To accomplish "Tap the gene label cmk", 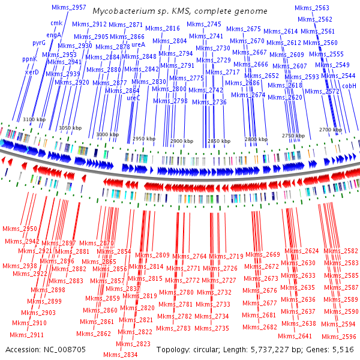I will click(x=56, y=23).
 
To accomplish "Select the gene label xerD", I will click(x=32, y=72).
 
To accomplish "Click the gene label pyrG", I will click(x=39, y=43).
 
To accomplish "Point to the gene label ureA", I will click(x=139, y=44).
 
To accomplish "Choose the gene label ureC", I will click(x=133, y=97).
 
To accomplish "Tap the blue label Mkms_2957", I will click(x=69, y=7).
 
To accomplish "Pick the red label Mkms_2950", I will click(x=20, y=229).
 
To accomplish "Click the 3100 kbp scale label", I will click(x=34, y=120).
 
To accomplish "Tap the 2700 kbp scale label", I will click(x=330, y=130).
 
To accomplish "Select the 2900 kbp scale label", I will click(x=181, y=140).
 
